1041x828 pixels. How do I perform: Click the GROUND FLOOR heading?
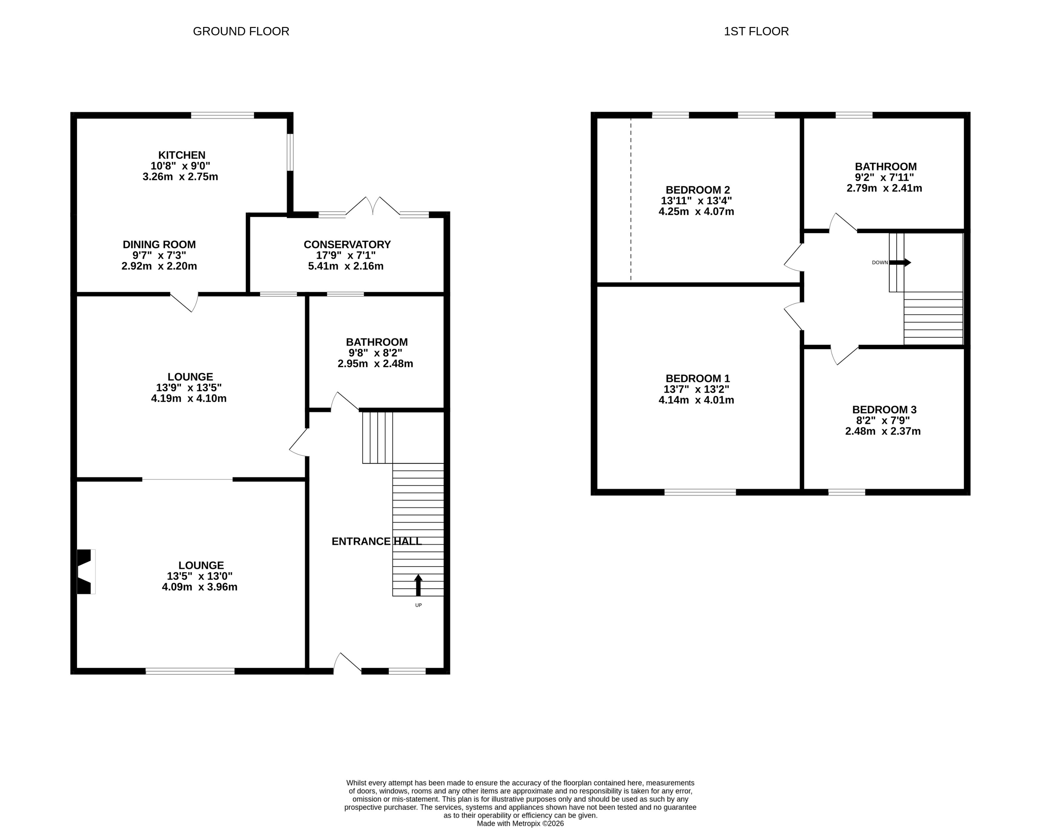(x=241, y=32)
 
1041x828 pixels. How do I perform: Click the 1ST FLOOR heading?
(x=756, y=32)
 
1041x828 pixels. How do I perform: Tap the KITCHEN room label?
(x=182, y=155)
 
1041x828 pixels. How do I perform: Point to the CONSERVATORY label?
(x=347, y=244)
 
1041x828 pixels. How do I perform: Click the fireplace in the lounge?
(x=85, y=572)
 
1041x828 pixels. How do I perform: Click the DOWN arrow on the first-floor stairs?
(x=900, y=263)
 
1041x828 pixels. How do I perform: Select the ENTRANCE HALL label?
(x=377, y=541)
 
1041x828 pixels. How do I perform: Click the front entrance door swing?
(x=347, y=663)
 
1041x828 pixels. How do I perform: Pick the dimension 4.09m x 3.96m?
(x=199, y=587)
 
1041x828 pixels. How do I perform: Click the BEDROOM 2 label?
(x=698, y=190)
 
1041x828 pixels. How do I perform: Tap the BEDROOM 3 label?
(x=884, y=409)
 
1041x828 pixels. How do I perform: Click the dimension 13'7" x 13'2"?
(x=696, y=389)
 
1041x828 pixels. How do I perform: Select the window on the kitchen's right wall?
(x=290, y=152)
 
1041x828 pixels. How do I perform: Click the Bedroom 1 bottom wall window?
(x=700, y=492)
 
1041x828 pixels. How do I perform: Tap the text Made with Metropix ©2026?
(x=520, y=824)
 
